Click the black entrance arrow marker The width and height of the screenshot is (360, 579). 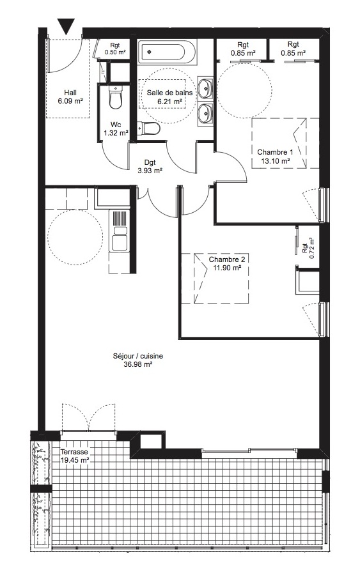click(x=67, y=26)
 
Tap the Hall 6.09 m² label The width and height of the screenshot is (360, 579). click(x=70, y=96)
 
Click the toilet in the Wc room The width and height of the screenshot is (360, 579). click(x=115, y=96)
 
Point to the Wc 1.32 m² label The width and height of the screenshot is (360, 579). click(x=116, y=129)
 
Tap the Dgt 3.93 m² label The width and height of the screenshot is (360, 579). click(x=150, y=166)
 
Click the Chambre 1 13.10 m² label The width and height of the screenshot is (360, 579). click(x=276, y=156)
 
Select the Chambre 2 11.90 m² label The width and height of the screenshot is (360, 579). click(x=227, y=263)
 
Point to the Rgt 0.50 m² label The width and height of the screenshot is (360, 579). click(x=115, y=49)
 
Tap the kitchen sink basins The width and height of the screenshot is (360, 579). click(x=120, y=239)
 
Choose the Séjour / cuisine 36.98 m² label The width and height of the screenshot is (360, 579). click(x=138, y=360)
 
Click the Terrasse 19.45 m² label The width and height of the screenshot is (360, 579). click(x=74, y=455)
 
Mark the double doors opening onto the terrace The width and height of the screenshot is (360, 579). click(x=89, y=418)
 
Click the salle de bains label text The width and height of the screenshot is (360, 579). click(x=169, y=92)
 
